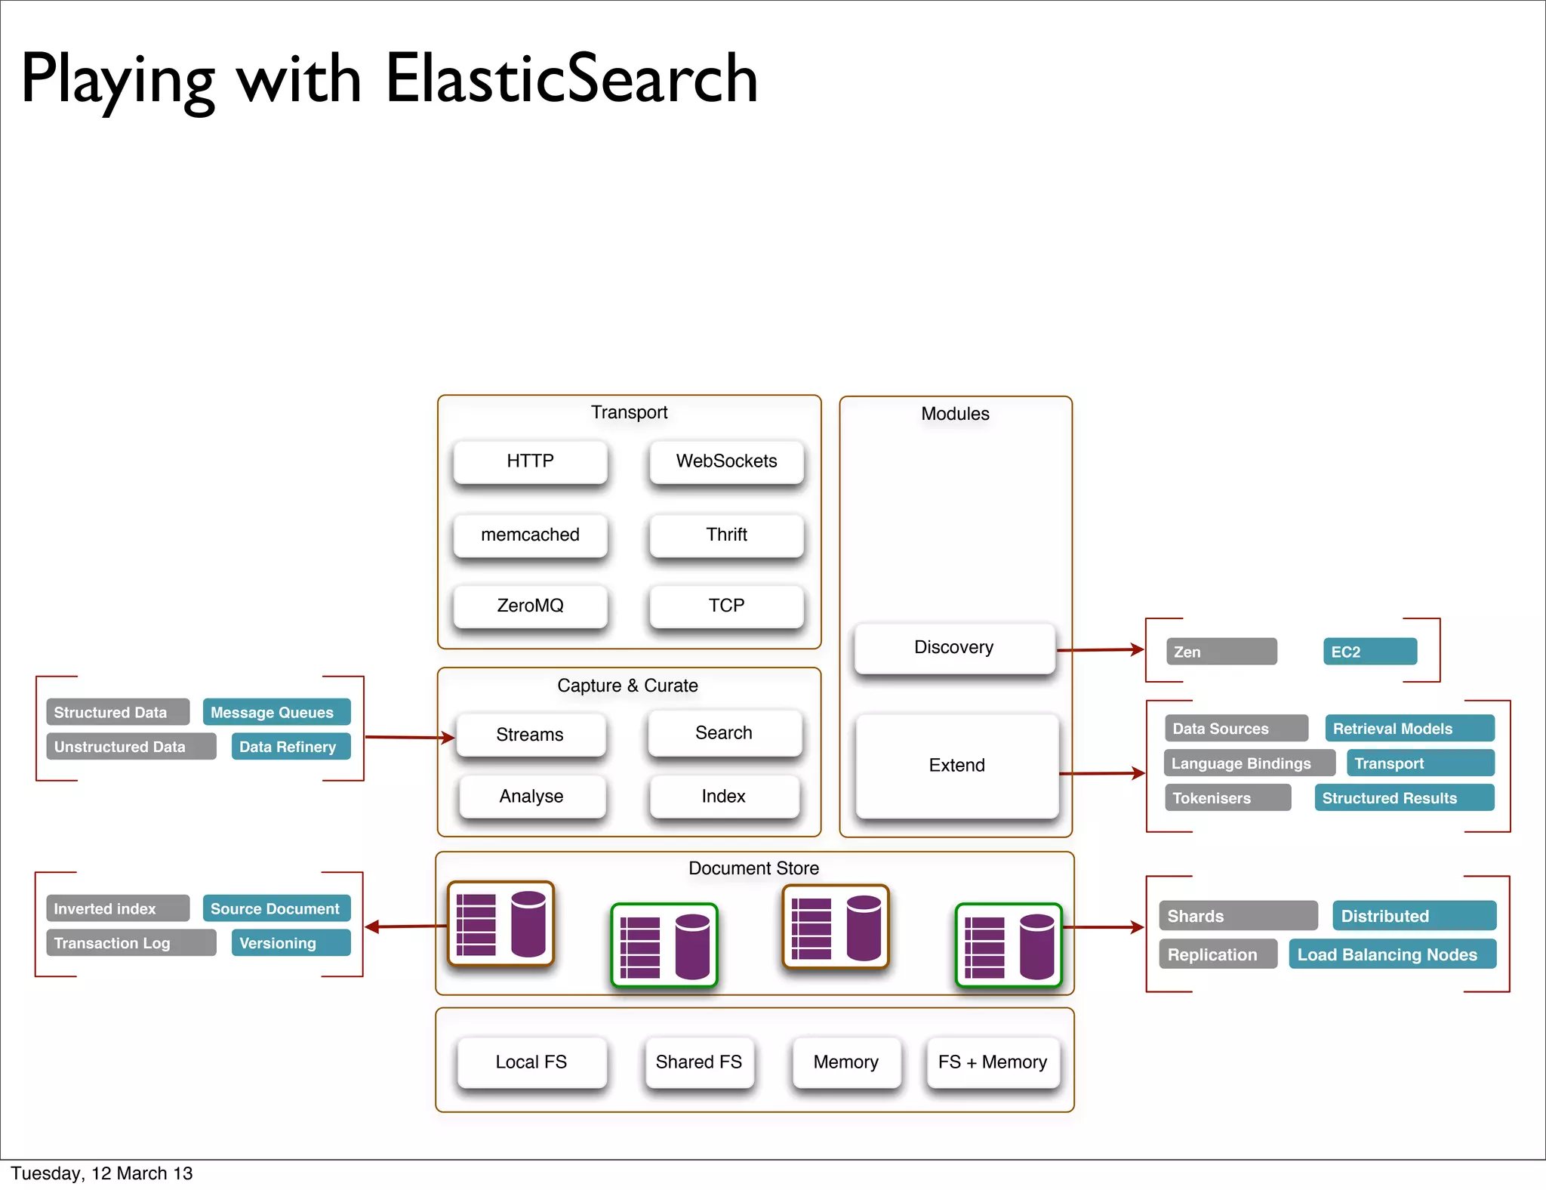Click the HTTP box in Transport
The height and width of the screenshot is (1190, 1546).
(x=530, y=461)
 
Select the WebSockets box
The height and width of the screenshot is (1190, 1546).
(x=726, y=461)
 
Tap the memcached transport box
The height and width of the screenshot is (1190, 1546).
(x=530, y=535)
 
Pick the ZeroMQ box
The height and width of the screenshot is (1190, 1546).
(x=530, y=606)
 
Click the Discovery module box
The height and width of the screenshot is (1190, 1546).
(x=953, y=648)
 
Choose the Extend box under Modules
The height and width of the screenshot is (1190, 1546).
(x=956, y=766)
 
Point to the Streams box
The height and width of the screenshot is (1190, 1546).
(x=530, y=735)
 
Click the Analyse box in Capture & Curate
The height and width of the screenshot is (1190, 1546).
(x=531, y=797)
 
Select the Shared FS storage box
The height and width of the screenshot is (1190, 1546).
(x=699, y=1062)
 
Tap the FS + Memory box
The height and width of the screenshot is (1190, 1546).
(x=993, y=1062)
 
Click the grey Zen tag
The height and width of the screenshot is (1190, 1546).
(x=1221, y=652)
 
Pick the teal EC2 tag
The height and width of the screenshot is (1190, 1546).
(x=1369, y=652)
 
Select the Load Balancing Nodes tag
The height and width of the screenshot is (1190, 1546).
(x=1391, y=954)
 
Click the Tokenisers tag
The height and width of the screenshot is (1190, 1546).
(x=1227, y=798)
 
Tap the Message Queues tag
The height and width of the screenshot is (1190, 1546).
(x=276, y=712)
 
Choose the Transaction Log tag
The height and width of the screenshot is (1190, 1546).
(x=131, y=943)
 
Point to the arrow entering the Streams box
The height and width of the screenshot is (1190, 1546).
(x=408, y=737)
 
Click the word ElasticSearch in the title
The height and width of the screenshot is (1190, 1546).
(x=571, y=79)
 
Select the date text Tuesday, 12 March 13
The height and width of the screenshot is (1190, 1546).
(x=102, y=1173)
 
